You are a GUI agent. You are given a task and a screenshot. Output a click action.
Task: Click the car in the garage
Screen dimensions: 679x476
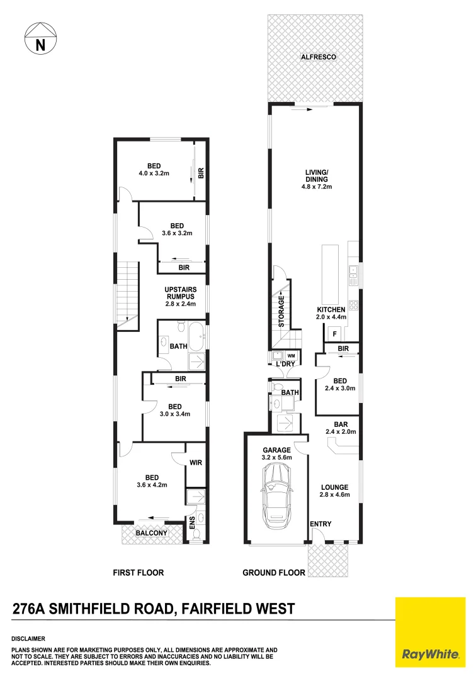[278, 497]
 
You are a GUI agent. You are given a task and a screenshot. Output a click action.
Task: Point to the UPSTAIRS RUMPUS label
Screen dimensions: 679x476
[181, 293]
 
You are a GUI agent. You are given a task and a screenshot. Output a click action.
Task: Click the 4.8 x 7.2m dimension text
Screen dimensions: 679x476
[316, 187]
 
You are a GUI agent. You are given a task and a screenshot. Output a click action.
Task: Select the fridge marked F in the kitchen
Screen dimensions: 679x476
[335, 334]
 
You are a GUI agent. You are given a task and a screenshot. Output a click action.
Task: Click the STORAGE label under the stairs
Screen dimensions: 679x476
[282, 311]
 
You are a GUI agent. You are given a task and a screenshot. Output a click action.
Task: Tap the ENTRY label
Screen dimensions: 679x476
[320, 524]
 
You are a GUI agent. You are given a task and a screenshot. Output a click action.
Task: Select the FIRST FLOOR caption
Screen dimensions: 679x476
[138, 573]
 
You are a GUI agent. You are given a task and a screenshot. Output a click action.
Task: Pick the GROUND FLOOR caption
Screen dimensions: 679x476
[274, 573]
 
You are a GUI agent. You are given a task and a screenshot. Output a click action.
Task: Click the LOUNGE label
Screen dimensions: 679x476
[334, 487]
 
